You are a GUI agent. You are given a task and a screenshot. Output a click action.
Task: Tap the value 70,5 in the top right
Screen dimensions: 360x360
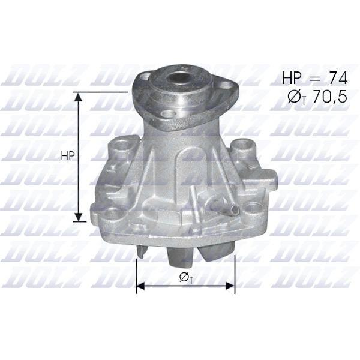point(329,97)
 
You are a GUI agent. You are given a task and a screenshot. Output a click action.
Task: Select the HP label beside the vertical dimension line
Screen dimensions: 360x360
point(68,156)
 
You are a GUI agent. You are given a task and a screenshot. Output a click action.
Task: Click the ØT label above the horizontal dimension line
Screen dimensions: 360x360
point(186,278)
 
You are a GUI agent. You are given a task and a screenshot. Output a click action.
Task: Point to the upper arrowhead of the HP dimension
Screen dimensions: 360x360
point(79,97)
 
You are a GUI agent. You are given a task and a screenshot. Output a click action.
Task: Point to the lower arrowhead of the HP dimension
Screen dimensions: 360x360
point(79,217)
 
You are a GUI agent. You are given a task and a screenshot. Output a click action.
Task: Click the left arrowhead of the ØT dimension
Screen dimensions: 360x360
point(141,286)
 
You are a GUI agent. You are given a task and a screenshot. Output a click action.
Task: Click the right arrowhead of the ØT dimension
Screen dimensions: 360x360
point(230,286)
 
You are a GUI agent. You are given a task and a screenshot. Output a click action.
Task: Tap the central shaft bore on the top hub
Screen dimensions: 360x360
point(178,78)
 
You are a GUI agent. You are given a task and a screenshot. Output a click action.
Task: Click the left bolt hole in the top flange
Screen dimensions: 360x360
point(144,76)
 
